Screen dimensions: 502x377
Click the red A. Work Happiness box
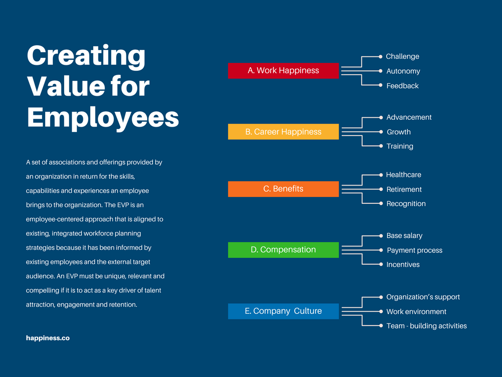tap(283, 71)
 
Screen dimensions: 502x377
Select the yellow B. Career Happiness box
tap(283, 132)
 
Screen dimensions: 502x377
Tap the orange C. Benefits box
tap(283, 189)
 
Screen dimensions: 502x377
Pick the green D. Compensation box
tap(283, 250)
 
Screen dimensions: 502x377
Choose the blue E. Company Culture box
tap(283, 311)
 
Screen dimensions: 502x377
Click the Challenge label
tap(402, 56)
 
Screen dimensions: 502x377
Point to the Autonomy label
tap(403, 71)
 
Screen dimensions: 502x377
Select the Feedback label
tap(402, 86)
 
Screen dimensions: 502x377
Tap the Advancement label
tap(409, 117)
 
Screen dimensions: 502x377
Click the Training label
tap(400, 146)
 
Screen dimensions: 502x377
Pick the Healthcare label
tap(403, 175)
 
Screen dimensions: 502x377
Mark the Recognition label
tap(406, 204)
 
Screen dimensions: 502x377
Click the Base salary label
tap(404, 236)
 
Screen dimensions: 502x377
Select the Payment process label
tap(414, 250)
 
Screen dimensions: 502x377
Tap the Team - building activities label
tap(427, 326)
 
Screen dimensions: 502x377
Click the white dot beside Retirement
tap(381, 189)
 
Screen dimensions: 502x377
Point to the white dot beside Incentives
tap(381, 265)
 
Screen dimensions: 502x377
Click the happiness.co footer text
tap(48, 338)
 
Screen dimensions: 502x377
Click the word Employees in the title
tap(103, 117)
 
